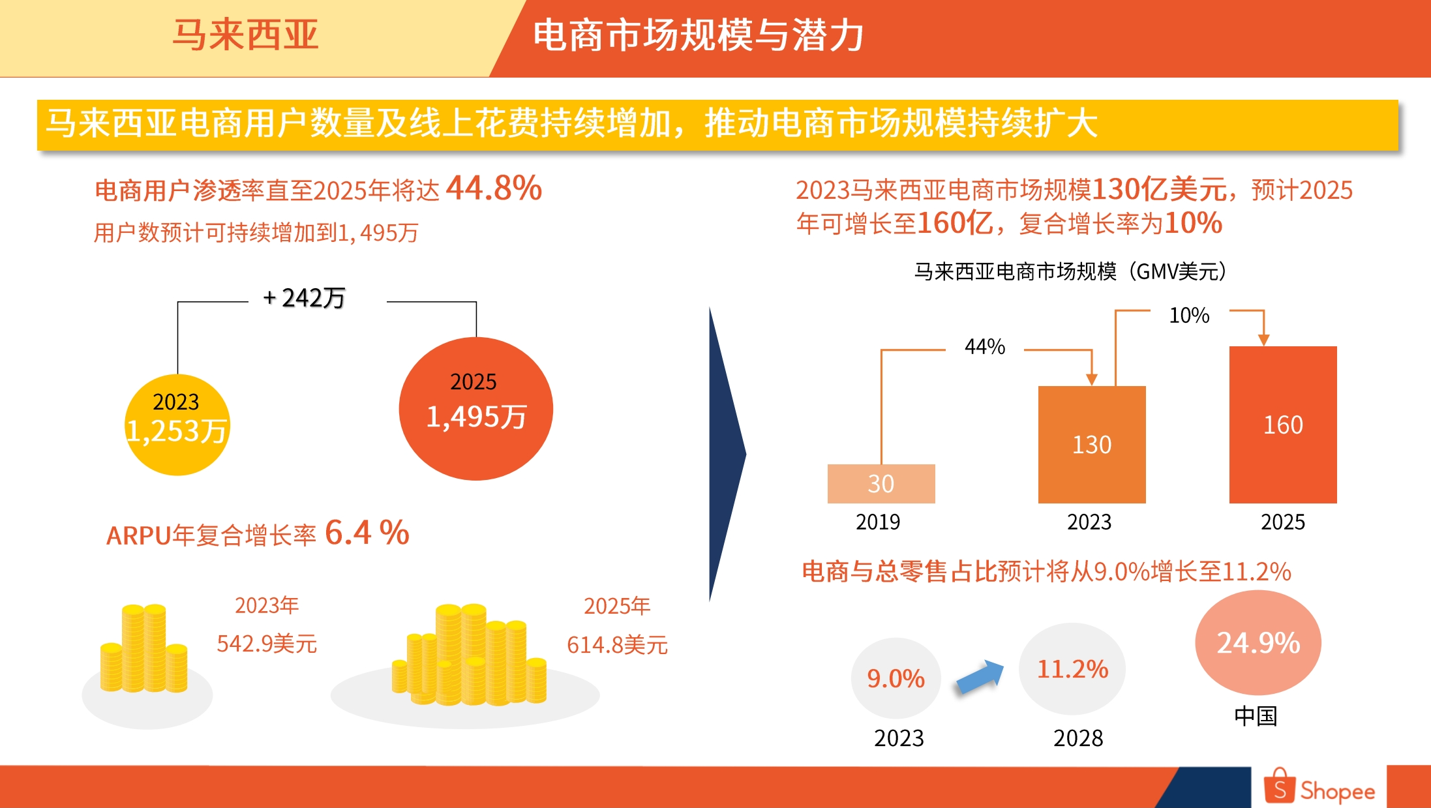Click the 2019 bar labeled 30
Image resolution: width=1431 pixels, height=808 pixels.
coord(881,483)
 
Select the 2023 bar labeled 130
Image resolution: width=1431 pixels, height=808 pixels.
coord(1091,445)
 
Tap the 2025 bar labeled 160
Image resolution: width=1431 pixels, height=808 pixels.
coord(1282,425)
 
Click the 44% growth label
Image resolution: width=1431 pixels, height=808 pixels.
coord(984,346)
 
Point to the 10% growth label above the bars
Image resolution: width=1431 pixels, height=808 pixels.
coord(1188,316)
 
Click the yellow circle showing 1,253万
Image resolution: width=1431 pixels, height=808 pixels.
coord(177,425)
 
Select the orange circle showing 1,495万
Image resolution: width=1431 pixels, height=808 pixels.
coord(475,409)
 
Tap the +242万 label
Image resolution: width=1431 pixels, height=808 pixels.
coord(304,298)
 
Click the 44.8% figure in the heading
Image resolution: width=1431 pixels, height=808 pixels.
coord(494,188)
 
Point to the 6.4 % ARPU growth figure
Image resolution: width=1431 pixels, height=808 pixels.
coord(367,533)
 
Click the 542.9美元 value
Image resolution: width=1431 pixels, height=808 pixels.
coord(266,644)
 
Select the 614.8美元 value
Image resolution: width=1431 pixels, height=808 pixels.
coord(616,645)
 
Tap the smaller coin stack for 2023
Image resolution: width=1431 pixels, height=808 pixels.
coord(144,649)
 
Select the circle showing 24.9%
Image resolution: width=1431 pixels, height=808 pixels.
coord(1258,642)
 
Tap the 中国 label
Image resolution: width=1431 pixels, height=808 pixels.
coord(1255,716)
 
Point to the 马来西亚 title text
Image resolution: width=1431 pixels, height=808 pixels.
coord(245,35)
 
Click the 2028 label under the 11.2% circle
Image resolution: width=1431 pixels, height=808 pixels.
coord(1077,738)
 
